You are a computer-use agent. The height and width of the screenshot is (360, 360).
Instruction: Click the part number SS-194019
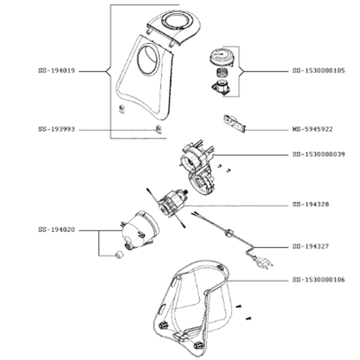coord(56,71)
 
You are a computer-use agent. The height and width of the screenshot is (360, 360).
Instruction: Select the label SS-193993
coord(56,130)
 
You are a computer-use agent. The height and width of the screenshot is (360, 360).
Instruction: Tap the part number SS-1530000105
coord(319,71)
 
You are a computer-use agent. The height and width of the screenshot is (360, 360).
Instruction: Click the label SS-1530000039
coord(319,154)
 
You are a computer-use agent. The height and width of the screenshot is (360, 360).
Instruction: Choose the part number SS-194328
coord(310,204)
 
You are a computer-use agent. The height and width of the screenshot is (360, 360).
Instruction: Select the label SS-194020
coord(56,230)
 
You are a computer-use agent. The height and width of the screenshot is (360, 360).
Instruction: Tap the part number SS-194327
coord(310,247)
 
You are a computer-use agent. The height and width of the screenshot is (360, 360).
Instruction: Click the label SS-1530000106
coord(319,279)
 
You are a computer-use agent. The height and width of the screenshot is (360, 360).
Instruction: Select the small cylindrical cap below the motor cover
coord(120,255)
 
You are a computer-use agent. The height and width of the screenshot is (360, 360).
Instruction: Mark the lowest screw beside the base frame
coord(247,319)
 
